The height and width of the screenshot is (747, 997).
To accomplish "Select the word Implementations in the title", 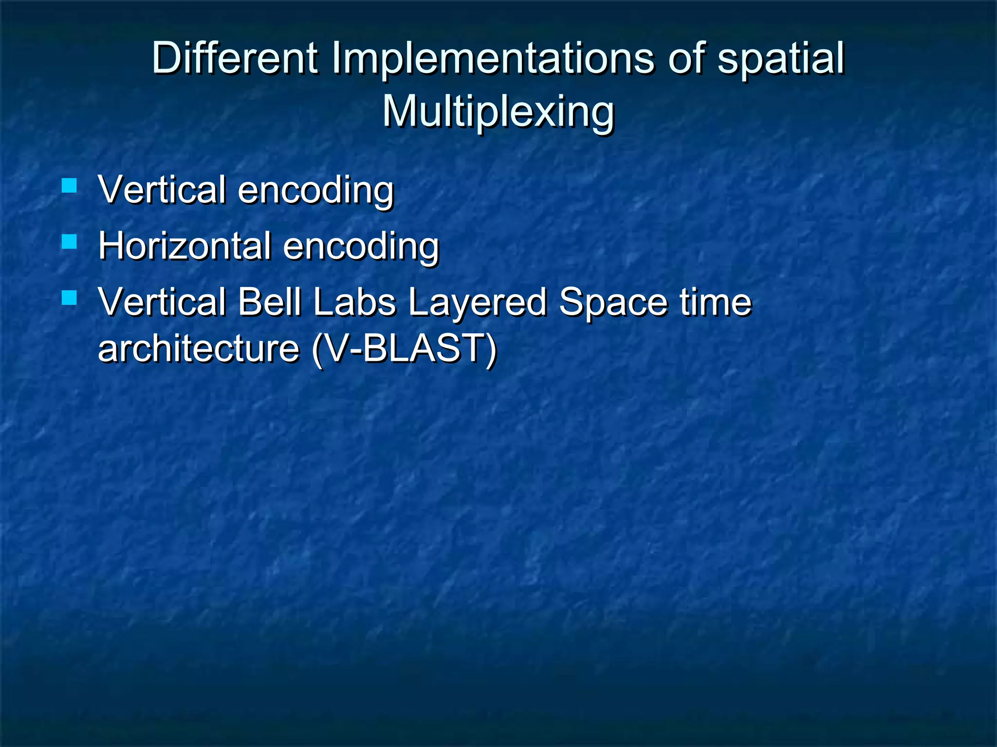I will (x=493, y=58).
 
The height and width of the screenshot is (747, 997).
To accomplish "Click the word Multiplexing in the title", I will (x=498, y=112).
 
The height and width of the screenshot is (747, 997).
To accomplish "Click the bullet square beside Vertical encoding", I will (x=70, y=186).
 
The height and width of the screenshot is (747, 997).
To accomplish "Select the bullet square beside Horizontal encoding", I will (x=70, y=242).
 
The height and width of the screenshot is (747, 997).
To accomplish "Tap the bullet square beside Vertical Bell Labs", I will (x=70, y=298).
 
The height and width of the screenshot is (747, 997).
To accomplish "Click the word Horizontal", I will (x=185, y=246).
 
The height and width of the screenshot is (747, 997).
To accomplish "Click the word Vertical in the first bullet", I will (x=162, y=190).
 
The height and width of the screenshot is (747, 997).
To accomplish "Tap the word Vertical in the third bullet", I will (x=162, y=302).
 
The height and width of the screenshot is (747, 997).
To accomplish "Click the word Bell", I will (x=269, y=302).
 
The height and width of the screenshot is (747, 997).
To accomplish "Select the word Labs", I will (x=354, y=302).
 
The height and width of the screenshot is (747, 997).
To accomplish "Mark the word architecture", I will (x=199, y=348).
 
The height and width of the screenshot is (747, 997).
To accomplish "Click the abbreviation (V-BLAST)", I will (x=404, y=348).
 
